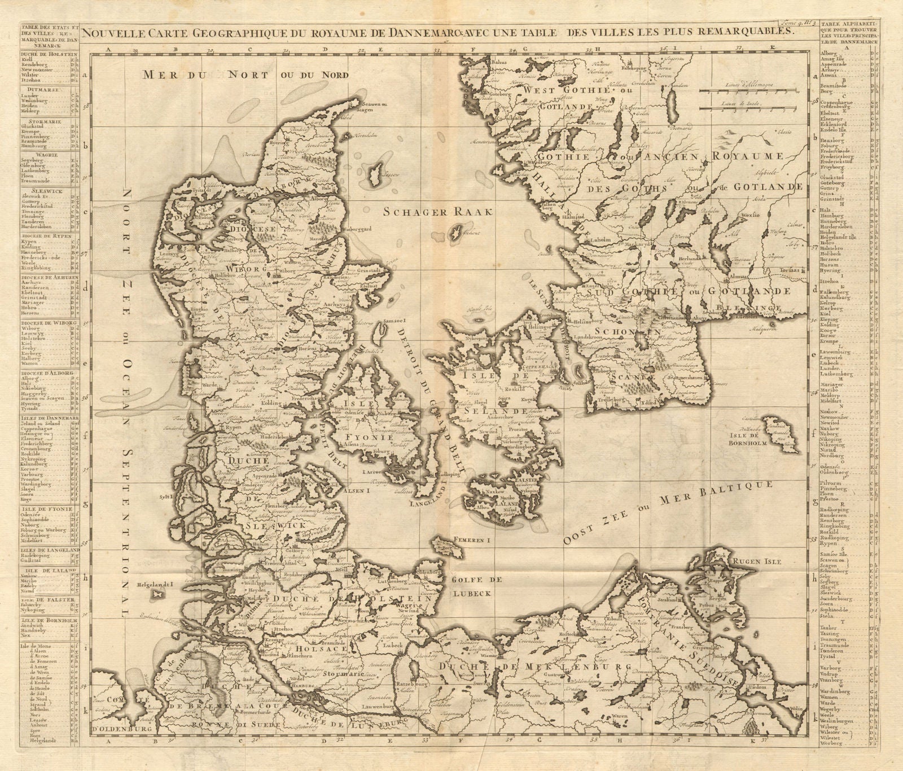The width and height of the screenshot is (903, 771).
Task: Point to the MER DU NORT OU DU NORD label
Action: click(246, 75)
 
